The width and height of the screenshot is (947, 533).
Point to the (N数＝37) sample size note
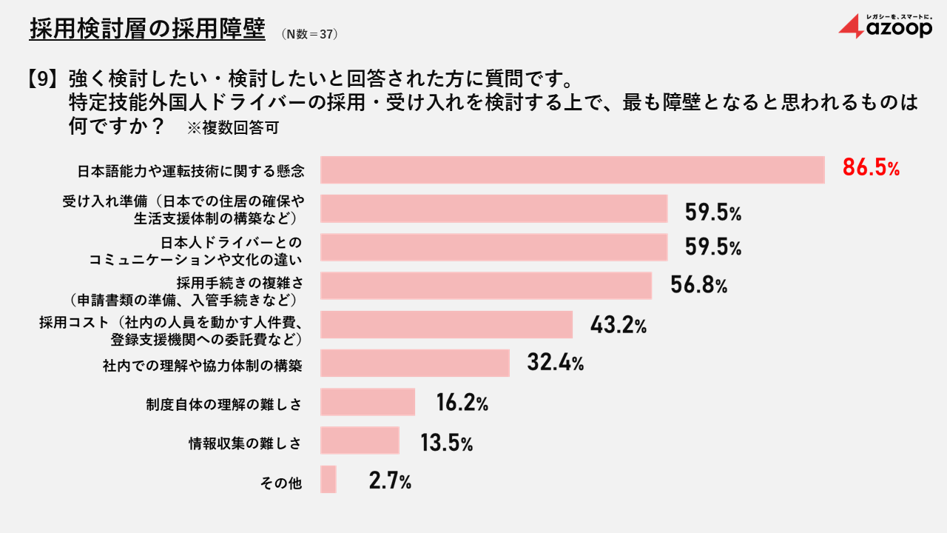click(311, 33)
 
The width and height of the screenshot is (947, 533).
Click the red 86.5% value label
click(871, 169)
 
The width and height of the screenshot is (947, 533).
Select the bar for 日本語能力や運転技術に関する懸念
click(572, 170)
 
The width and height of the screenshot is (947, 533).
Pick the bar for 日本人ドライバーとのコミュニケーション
click(493, 247)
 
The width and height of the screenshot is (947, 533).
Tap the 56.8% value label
click(698, 286)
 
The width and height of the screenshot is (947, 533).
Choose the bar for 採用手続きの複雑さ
click(485, 286)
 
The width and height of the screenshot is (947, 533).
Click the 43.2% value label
click(619, 324)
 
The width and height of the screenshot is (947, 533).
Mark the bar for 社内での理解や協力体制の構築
click(414, 363)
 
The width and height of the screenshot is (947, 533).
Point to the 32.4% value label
click(556, 363)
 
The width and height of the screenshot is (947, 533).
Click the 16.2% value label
click(462, 403)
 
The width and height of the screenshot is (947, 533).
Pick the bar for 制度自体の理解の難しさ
click(367, 401)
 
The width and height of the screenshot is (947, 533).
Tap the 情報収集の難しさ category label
click(245, 443)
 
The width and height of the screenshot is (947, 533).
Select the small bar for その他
click(328, 479)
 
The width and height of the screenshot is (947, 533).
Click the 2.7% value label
click(390, 481)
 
